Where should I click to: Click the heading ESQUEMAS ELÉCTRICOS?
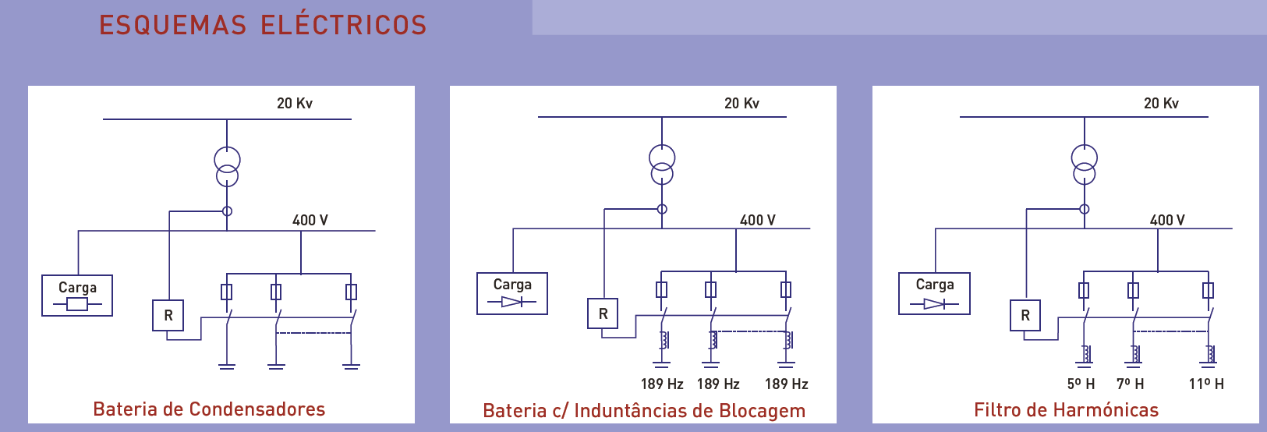263,25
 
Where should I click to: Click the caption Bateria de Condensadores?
209,409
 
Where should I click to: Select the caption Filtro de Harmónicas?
1066,410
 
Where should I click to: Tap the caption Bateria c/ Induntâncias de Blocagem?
644,411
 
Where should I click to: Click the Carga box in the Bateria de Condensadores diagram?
77,296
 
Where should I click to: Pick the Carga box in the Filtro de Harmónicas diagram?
934,293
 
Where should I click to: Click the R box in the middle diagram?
603,313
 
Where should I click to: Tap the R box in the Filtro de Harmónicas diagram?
1025,315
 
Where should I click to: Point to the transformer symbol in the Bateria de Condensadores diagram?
227,168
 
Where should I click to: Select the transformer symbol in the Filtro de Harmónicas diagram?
1084,165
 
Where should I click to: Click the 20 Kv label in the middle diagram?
741,103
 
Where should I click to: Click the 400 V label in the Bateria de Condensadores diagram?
310,220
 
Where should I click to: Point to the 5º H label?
1081,384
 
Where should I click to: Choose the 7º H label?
1130,384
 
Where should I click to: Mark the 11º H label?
1206,384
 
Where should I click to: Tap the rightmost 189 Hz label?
786,384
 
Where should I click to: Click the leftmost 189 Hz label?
662,384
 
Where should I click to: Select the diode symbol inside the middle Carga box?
512,302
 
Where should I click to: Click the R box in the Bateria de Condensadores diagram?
168,316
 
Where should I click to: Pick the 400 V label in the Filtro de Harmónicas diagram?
1167,220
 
